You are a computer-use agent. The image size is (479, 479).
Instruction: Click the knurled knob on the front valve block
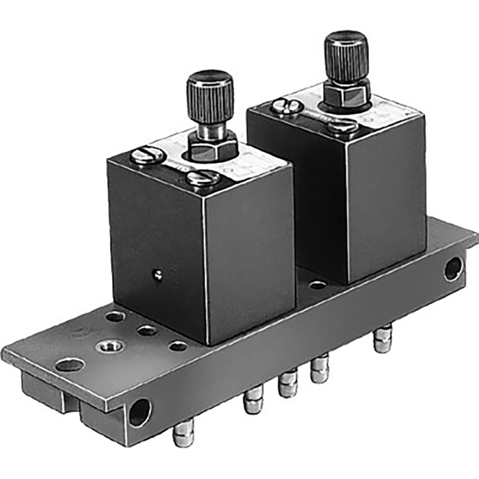click(210, 96)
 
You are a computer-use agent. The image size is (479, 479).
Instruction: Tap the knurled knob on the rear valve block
click(346, 55)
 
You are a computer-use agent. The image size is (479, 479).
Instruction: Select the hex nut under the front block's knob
click(211, 146)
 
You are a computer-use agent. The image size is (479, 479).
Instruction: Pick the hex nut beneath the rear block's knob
click(346, 94)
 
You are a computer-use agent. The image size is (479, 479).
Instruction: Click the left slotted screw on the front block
click(147, 156)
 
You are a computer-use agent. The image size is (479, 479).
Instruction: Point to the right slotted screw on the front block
click(203, 179)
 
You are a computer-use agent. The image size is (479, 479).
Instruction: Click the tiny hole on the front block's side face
click(158, 275)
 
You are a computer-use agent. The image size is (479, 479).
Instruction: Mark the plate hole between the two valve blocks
click(318, 284)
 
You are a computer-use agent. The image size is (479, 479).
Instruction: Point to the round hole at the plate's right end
click(453, 268)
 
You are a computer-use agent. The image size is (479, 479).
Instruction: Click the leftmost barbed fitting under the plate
click(183, 434)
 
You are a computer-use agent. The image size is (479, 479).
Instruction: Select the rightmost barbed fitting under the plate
click(383, 340)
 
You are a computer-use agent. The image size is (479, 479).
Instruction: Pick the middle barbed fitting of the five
click(288, 385)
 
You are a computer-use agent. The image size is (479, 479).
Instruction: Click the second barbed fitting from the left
click(253, 402)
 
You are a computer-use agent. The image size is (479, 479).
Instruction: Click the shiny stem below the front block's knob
click(208, 129)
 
